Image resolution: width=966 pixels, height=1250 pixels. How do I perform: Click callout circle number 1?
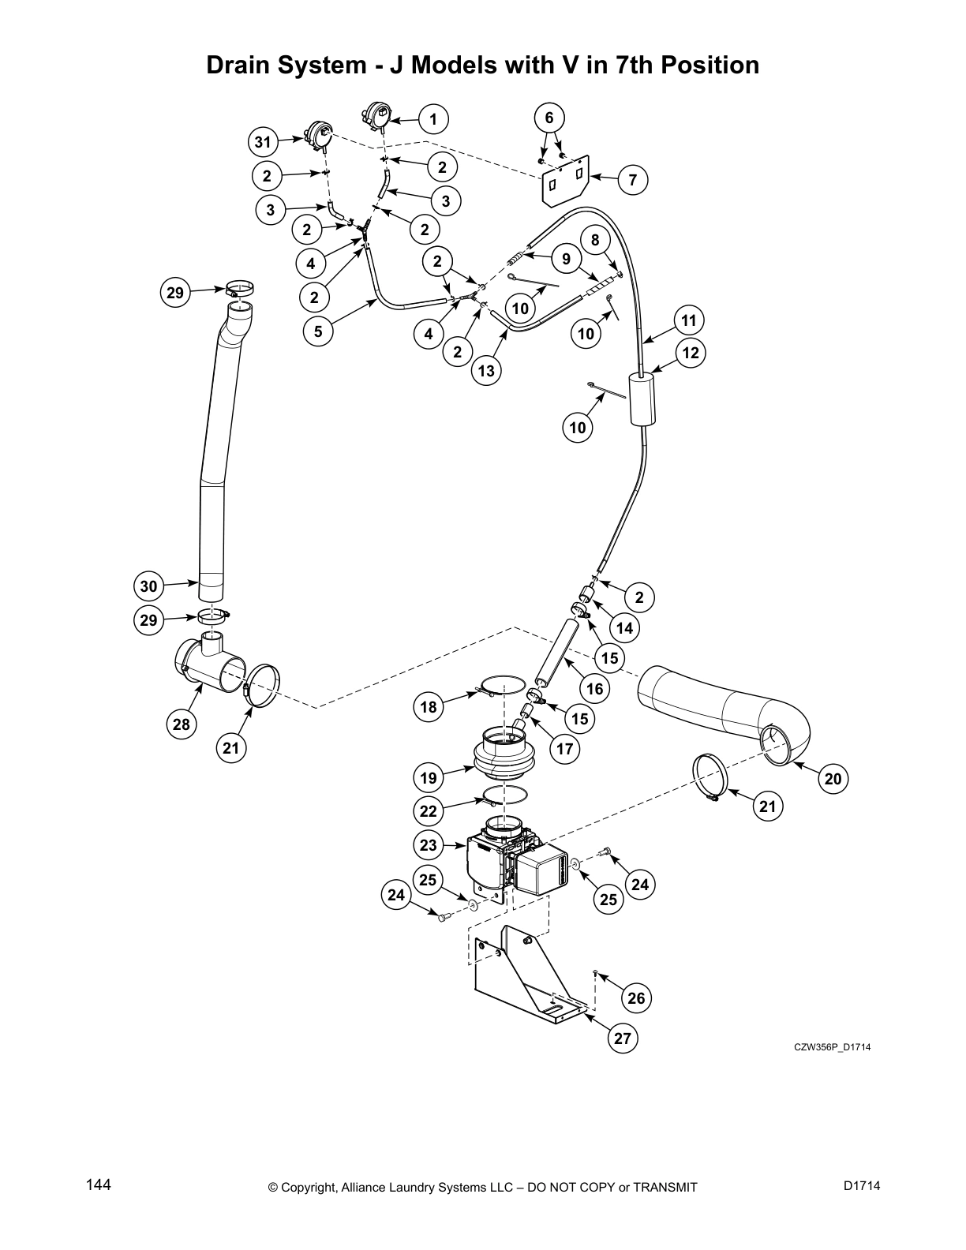click(432, 119)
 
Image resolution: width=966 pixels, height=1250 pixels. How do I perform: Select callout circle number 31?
click(263, 143)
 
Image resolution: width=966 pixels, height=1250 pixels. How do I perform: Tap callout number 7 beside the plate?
click(632, 180)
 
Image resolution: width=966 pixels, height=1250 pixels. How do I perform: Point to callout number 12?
click(691, 353)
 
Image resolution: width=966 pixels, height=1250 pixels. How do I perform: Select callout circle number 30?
click(149, 586)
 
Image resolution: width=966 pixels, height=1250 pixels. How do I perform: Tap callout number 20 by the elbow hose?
click(833, 779)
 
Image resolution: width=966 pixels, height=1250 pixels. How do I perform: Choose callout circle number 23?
click(428, 845)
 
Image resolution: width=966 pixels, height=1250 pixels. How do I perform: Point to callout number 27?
click(623, 1039)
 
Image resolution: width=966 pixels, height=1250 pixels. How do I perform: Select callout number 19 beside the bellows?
click(428, 777)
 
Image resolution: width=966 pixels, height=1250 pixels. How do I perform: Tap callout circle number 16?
click(594, 688)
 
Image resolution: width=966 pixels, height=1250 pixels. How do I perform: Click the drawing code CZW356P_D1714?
click(832, 1047)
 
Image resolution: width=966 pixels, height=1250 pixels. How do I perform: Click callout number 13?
click(487, 371)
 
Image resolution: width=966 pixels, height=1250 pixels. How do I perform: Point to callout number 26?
click(635, 998)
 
